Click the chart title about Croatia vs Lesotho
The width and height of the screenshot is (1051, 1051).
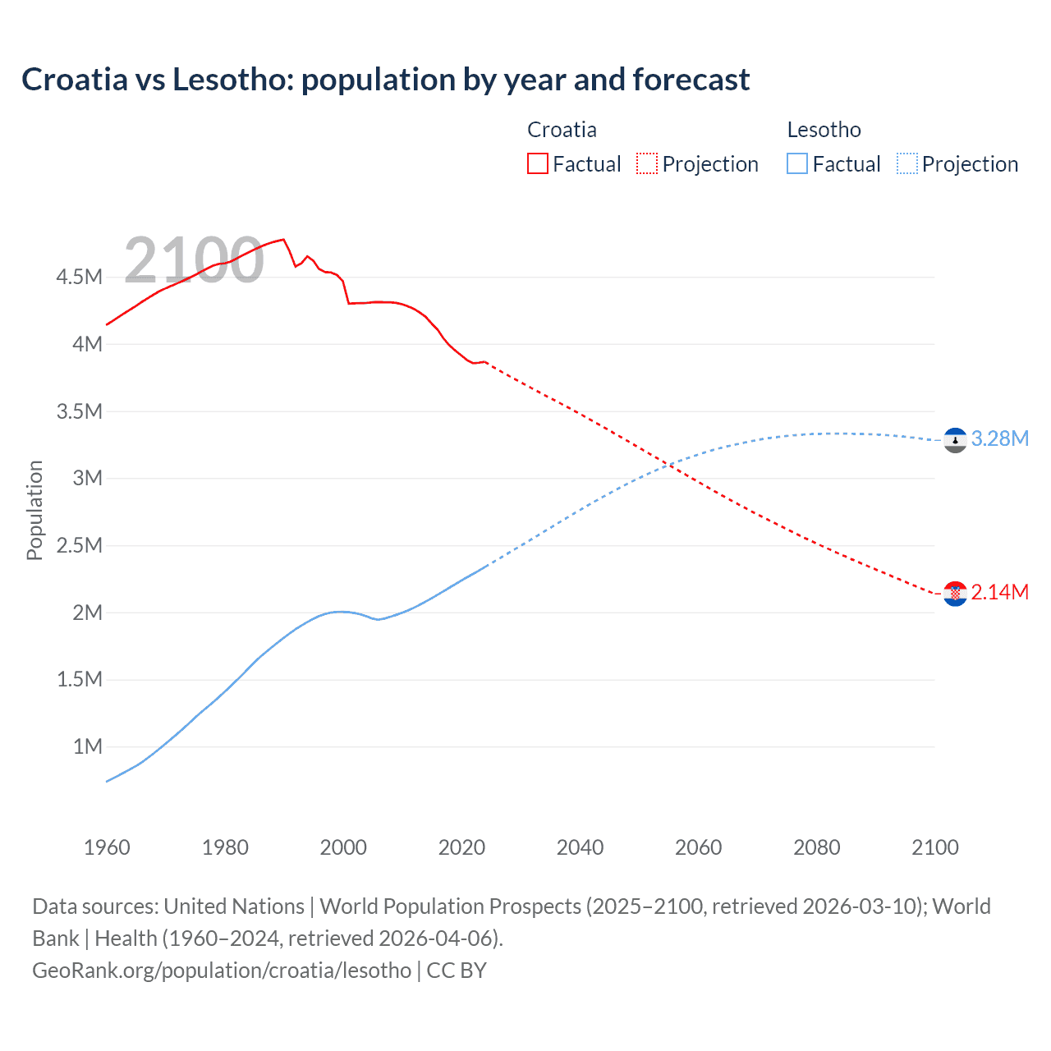click(x=385, y=80)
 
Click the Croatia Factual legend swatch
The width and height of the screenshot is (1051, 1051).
click(x=537, y=163)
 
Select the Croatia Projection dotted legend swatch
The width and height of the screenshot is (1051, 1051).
click(x=647, y=163)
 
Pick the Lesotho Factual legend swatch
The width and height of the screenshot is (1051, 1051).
click(x=797, y=163)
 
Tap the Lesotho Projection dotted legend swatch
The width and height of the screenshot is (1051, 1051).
click(x=906, y=163)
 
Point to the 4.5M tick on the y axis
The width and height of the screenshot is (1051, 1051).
click(x=80, y=277)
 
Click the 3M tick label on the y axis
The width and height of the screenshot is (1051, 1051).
click(x=87, y=478)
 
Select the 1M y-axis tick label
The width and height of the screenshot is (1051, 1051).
click(x=87, y=746)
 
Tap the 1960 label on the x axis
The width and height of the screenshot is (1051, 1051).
click(x=107, y=847)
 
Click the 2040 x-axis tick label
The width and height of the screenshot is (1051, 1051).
click(x=580, y=847)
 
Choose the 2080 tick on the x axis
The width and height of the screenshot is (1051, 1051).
click(x=816, y=847)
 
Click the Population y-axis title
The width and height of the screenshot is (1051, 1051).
click(x=34, y=510)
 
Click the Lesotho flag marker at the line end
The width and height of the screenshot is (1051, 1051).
click(x=955, y=441)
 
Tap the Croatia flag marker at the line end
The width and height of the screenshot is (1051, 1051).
click(x=955, y=594)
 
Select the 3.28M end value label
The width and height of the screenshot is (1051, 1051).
click(x=999, y=438)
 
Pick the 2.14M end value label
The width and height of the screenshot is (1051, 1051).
click(x=999, y=592)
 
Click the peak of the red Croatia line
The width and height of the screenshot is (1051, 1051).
click(x=283, y=239)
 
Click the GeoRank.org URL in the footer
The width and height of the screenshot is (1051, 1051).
click(x=222, y=971)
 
